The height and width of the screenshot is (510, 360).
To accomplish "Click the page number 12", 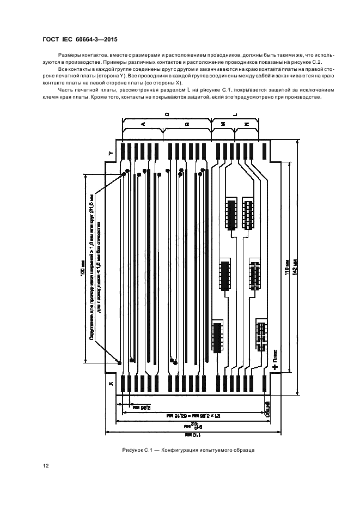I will (45, 465).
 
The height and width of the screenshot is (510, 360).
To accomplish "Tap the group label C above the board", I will (167, 114).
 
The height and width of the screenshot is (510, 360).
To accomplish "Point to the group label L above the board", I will (235, 114).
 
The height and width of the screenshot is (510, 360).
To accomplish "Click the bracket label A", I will (143, 124).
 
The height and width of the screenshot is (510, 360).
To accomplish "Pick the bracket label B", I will (187, 124).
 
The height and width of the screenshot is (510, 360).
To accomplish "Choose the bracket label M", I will (223, 124).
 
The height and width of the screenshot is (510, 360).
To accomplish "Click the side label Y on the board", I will (111, 154).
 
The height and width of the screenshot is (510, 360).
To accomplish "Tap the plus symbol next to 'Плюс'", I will (275, 367).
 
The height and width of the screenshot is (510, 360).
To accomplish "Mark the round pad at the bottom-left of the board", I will (119, 361).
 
